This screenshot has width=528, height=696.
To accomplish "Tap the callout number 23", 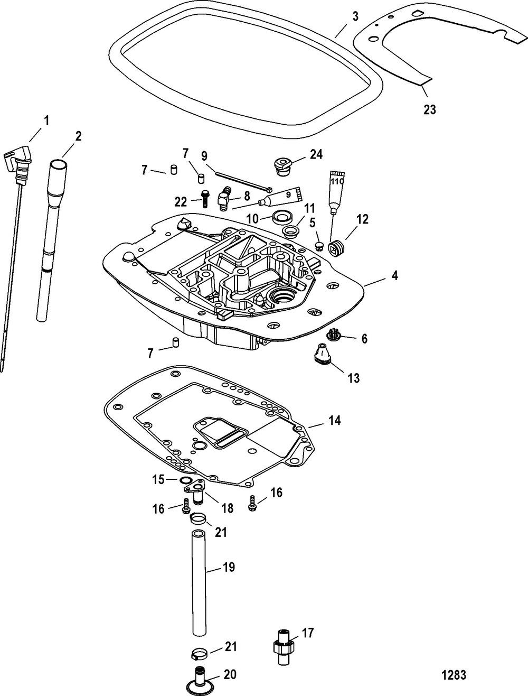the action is pyautogui.click(x=429, y=109).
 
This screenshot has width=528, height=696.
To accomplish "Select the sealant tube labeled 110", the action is pyautogui.click(x=336, y=192).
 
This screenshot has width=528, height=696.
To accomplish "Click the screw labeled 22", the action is pyautogui.click(x=204, y=198).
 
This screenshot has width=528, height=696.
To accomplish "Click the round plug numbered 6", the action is pyautogui.click(x=333, y=335).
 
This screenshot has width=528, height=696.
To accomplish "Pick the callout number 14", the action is pyautogui.click(x=334, y=421).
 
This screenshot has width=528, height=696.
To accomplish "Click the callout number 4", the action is pyautogui.click(x=394, y=275).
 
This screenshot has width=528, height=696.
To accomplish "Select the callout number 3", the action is pyautogui.click(x=355, y=16).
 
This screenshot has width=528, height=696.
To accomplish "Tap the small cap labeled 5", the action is pyautogui.click(x=319, y=245).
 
